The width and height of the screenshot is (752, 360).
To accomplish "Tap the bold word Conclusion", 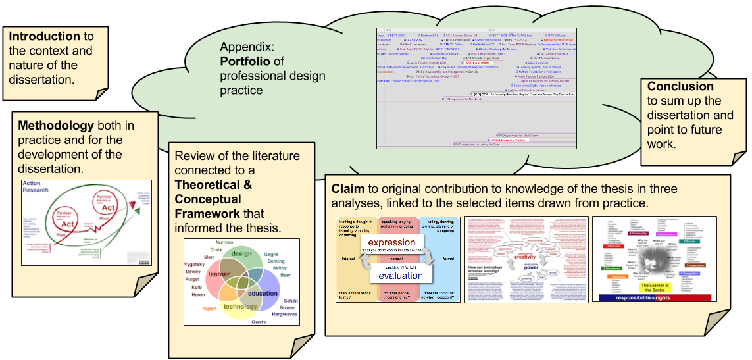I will pos(680,86).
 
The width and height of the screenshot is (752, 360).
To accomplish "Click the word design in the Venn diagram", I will pos(241,254).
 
